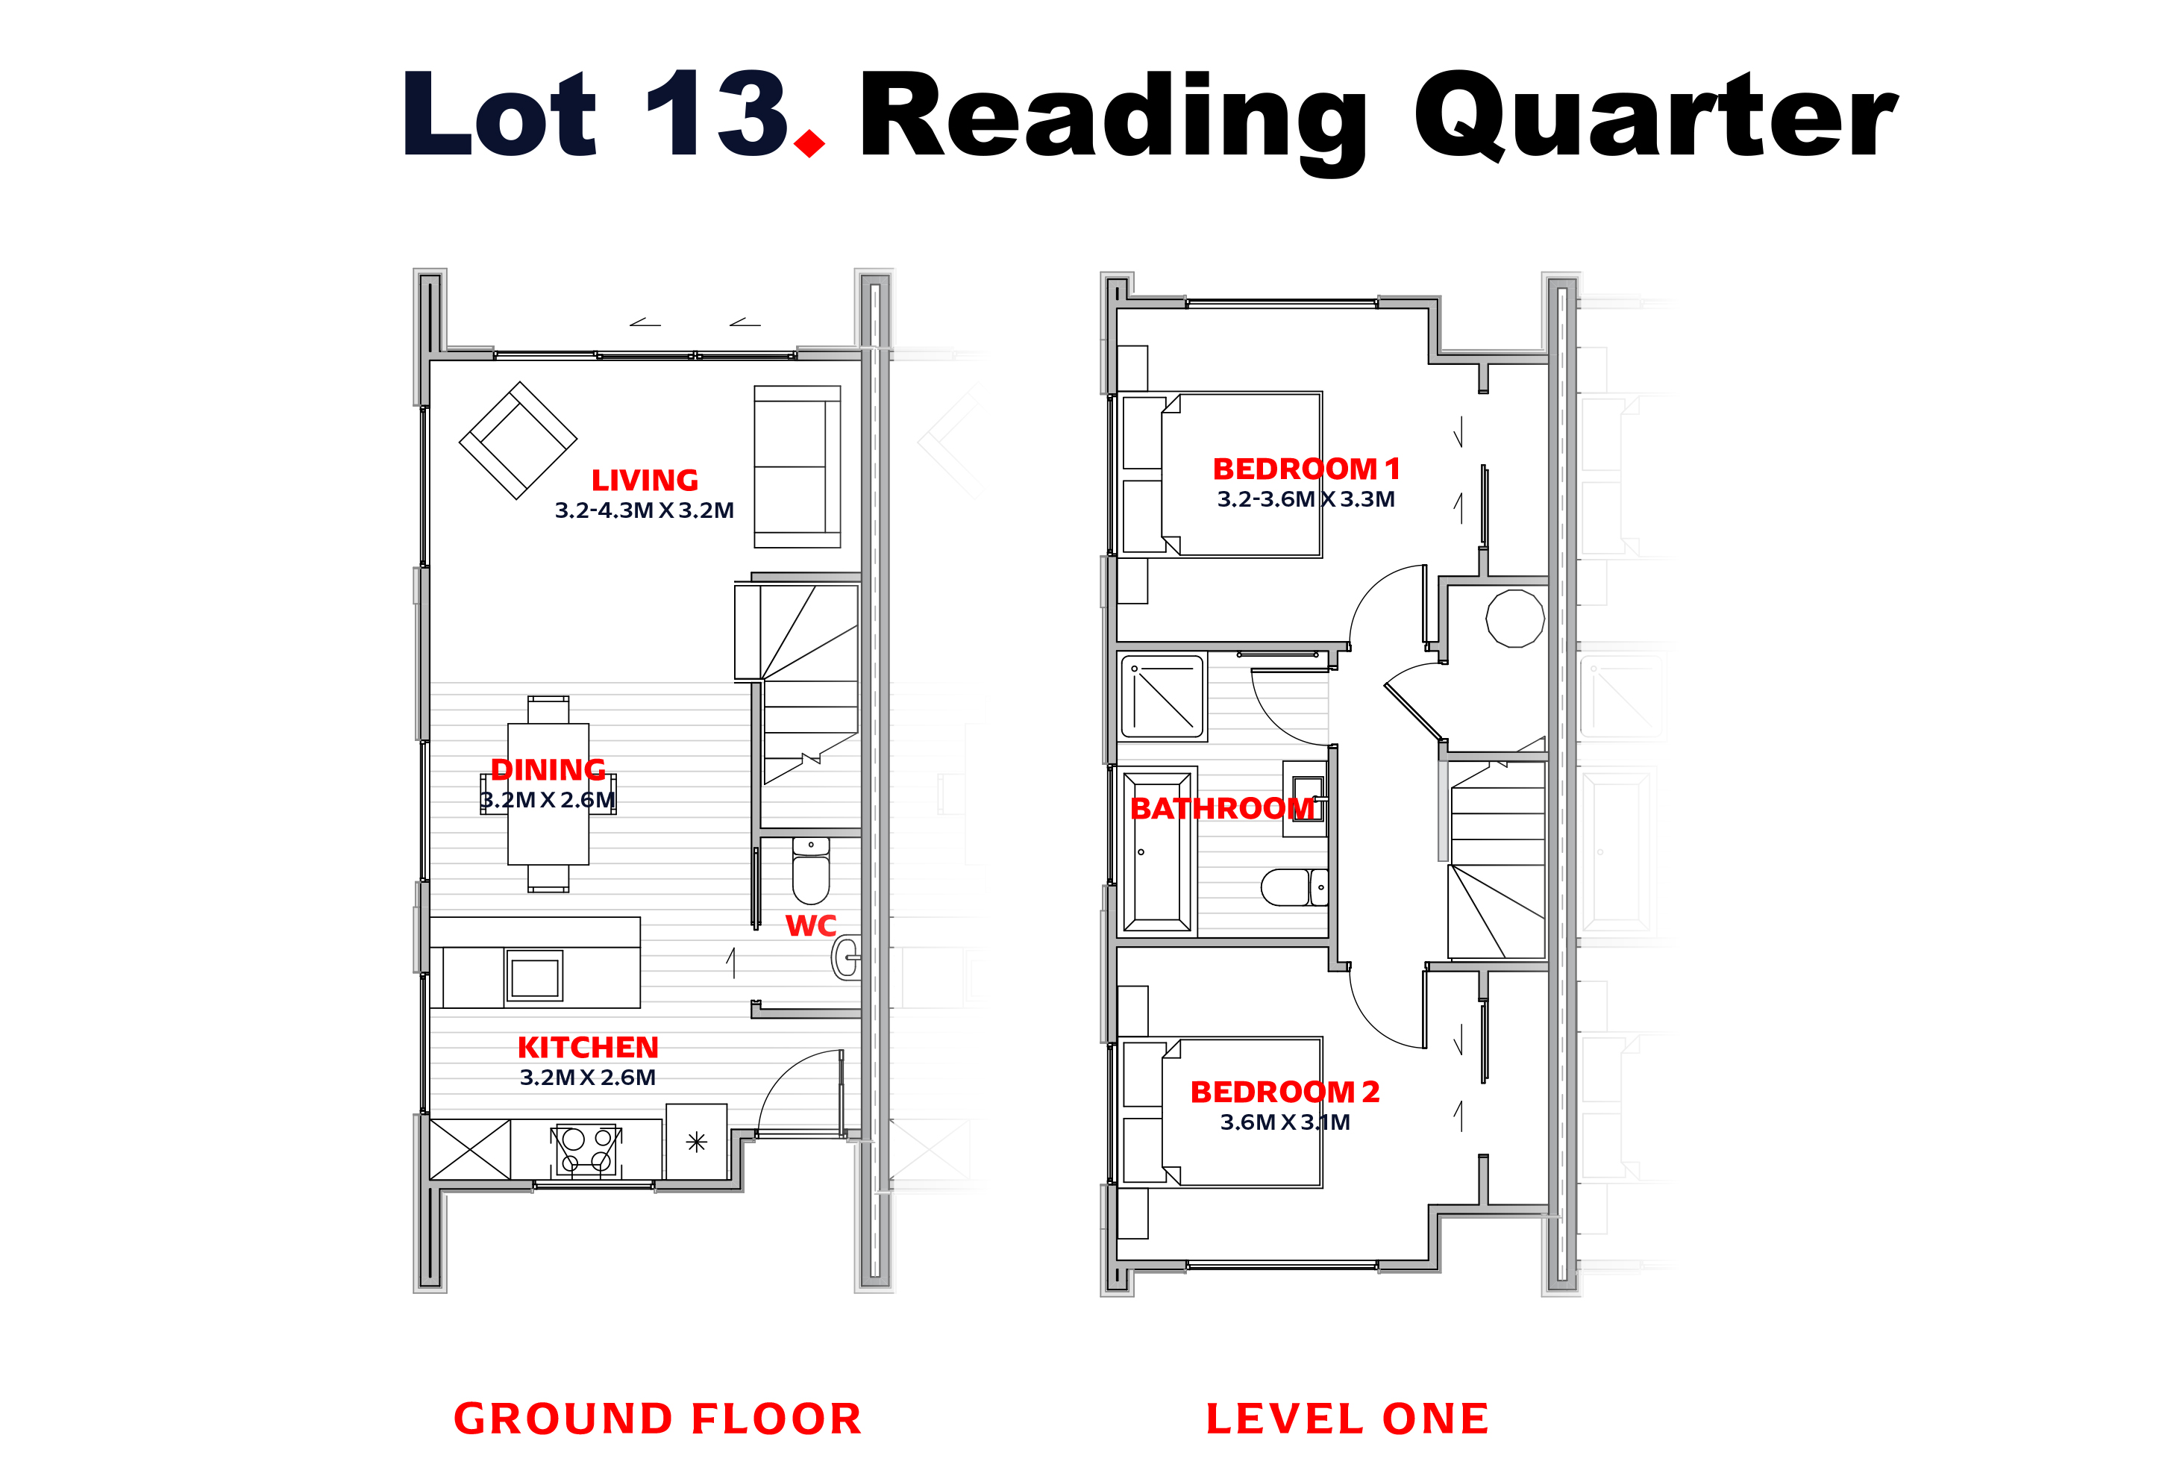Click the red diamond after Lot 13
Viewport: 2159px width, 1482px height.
pyautogui.click(x=810, y=143)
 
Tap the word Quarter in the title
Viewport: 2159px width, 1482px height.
pyautogui.click(x=1655, y=117)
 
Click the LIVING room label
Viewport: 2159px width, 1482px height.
pyautogui.click(x=645, y=481)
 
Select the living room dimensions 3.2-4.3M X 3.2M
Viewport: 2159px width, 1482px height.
pyautogui.click(x=644, y=510)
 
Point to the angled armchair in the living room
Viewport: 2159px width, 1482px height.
pyautogui.click(x=518, y=440)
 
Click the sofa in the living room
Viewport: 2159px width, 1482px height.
pyautogui.click(x=797, y=466)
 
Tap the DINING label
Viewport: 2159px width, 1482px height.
pyautogui.click(x=548, y=769)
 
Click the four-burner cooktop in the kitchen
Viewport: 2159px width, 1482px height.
pyautogui.click(x=586, y=1149)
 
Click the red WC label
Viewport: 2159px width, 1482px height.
pyautogui.click(x=811, y=925)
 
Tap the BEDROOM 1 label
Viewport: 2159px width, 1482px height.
pyautogui.click(x=1306, y=469)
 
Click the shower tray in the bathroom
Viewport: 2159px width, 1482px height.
pyautogui.click(x=1163, y=697)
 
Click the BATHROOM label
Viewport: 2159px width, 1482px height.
pyautogui.click(x=1223, y=808)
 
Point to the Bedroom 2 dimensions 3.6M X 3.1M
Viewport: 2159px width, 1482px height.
pyautogui.click(x=1285, y=1122)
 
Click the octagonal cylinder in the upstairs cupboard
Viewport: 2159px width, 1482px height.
pyautogui.click(x=1515, y=618)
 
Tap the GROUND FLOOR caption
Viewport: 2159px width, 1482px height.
pyautogui.click(x=658, y=1419)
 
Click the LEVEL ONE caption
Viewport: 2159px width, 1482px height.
pyautogui.click(x=1348, y=1419)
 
